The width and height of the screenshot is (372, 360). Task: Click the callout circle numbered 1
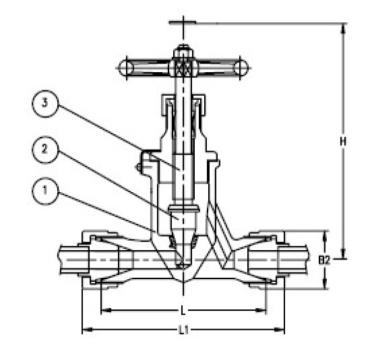(x=45, y=193)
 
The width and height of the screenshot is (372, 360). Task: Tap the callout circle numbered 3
(x=45, y=105)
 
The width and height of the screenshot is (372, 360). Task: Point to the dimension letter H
(x=343, y=142)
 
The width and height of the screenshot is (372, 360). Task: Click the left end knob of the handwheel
(x=124, y=67)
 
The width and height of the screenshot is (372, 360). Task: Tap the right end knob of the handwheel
(x=241, y=67)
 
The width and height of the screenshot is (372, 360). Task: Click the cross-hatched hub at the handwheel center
(x=182, y=67)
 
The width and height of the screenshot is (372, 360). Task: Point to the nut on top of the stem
(x=182, y=51)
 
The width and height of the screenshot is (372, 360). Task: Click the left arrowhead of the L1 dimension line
(x=85, y=330)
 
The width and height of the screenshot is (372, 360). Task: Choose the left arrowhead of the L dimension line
(x=103, y=311)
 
